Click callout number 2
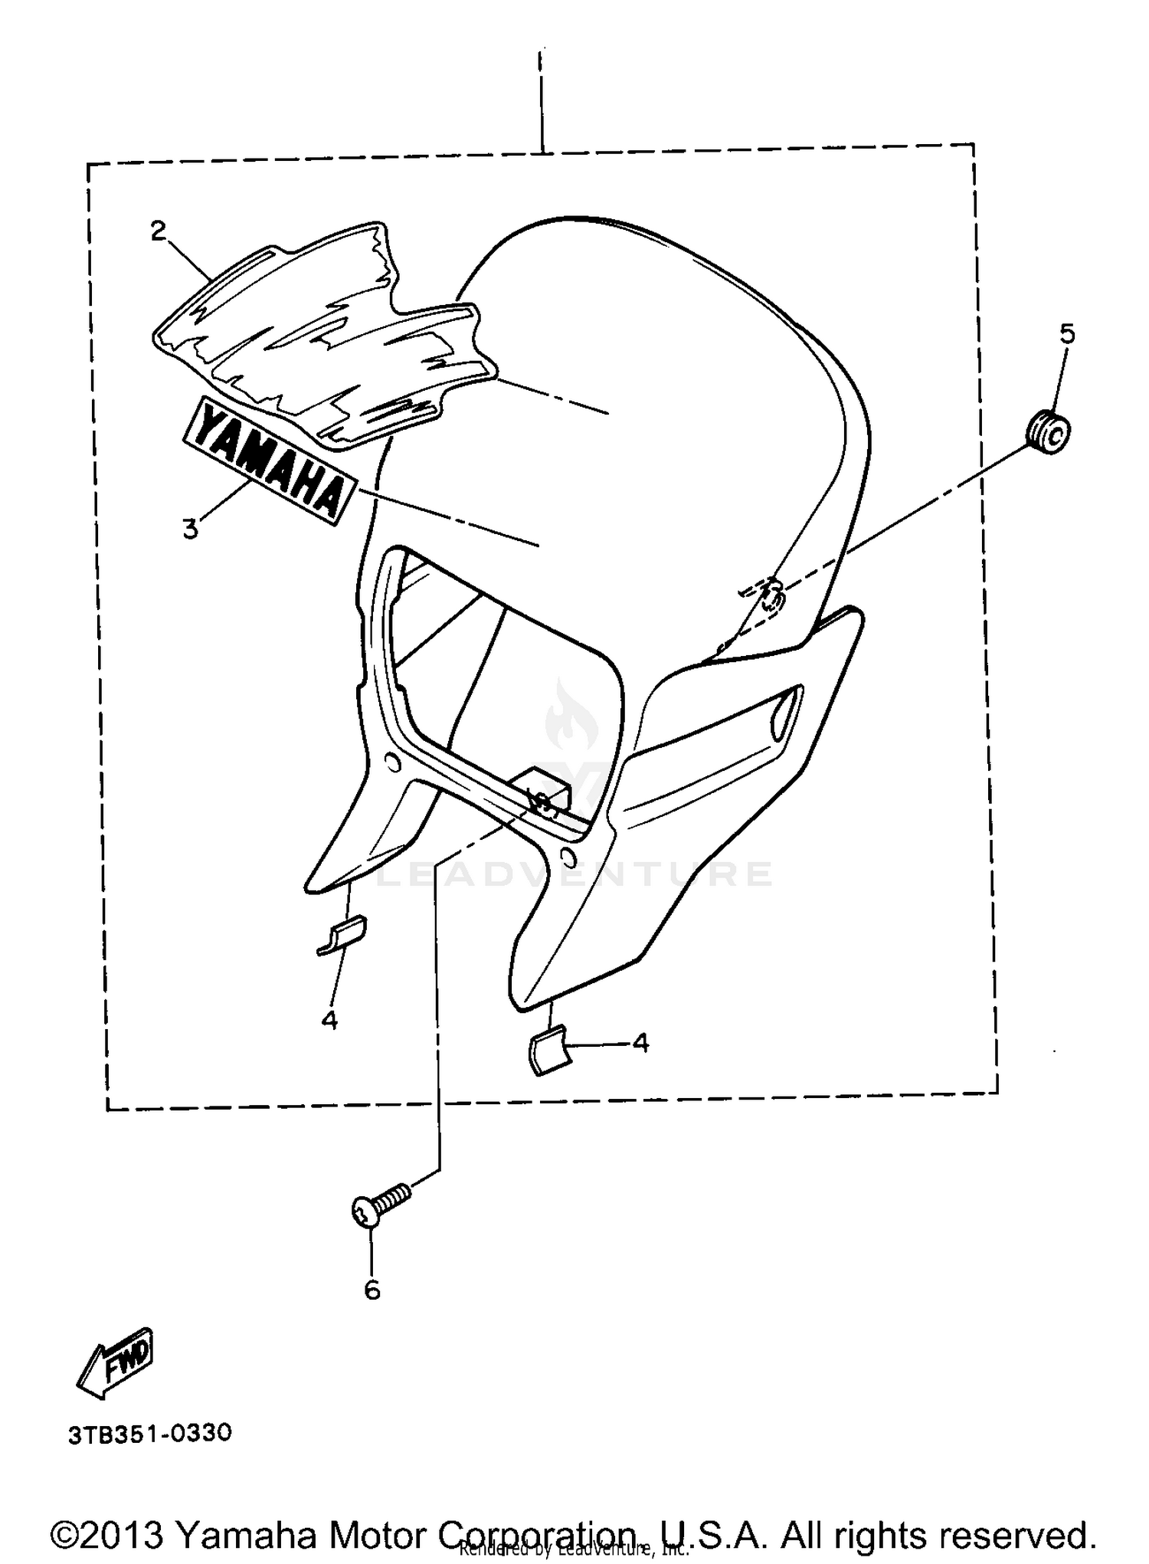pos(158,231)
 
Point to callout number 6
pos(372,1290)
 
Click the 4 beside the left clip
pos(329,1020)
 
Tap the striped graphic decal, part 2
pos(322,337)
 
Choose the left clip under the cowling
pos(342,935)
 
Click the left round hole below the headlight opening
pos(391,762)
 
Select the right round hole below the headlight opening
pos(568,854)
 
